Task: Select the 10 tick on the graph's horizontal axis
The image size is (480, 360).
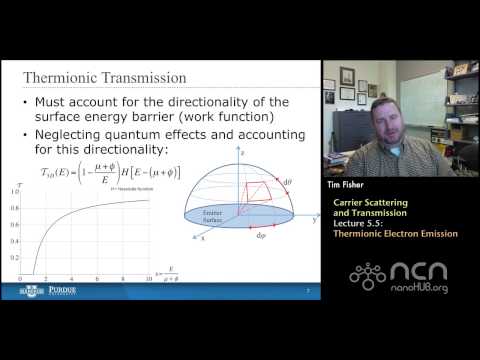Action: [149, 277]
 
